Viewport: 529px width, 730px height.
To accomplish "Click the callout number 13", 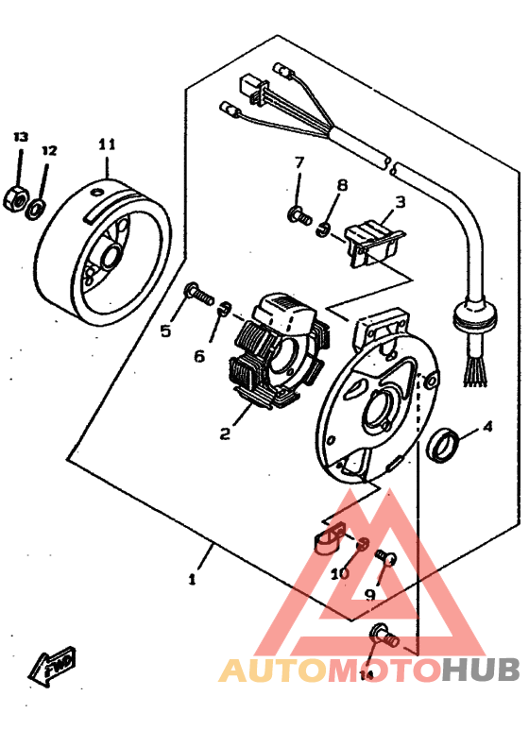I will [21, 138].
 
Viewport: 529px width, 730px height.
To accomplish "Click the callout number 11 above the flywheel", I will [106, 144].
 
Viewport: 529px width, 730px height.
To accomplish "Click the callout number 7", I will [299, 162].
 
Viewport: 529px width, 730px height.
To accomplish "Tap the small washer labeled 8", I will [324, 228].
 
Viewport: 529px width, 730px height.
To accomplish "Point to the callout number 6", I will [199, 356].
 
